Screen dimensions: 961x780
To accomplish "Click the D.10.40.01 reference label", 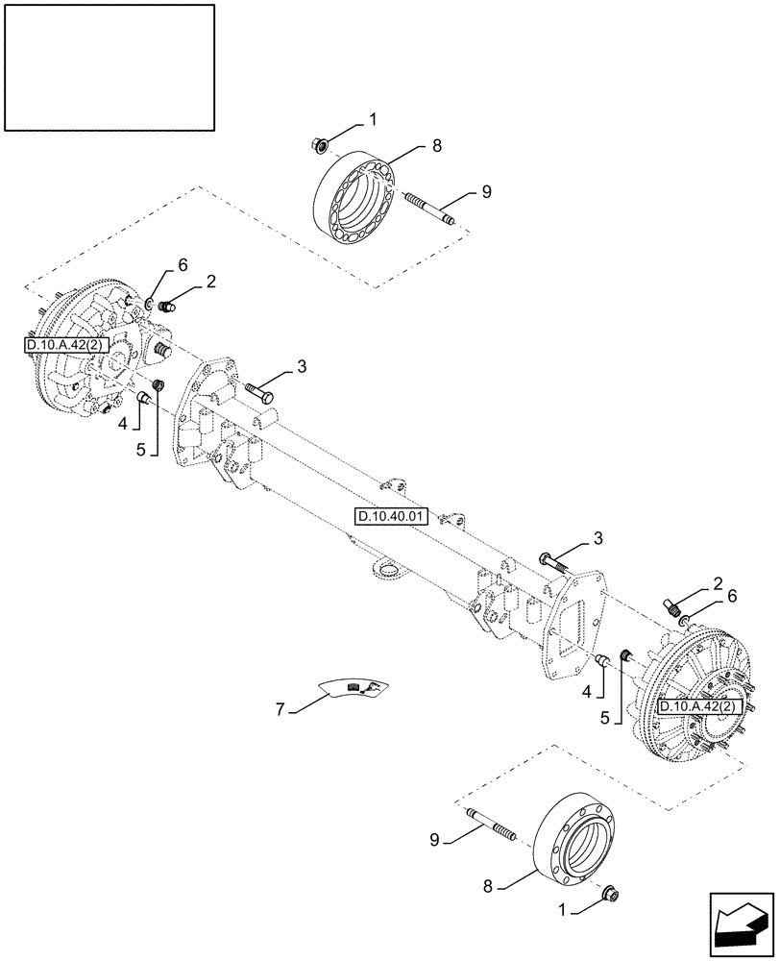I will (x=392, y=516).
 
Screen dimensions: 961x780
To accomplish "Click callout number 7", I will (x=281, y=709).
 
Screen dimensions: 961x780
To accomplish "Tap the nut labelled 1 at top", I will (x=320, y=145).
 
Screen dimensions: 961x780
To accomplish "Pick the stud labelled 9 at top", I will (x=428, y=210).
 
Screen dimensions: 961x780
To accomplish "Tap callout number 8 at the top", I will (x=437, y=146).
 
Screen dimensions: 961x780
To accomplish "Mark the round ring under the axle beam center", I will (x=387, y=574).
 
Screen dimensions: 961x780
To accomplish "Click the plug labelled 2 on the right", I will (x=671, y=607).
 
